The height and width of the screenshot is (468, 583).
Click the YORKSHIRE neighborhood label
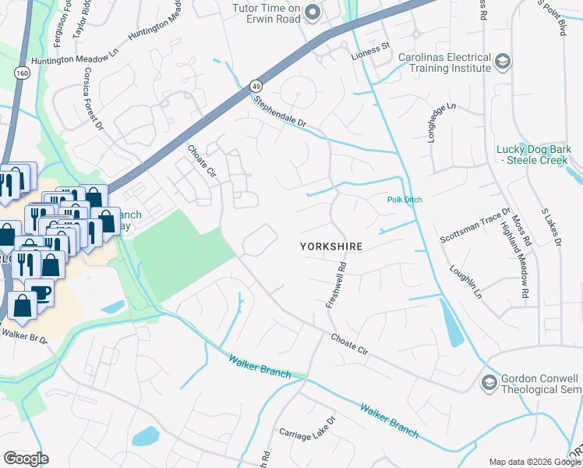tap(332, 246)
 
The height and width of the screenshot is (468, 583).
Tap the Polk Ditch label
tap(405, 200)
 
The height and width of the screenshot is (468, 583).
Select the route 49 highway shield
tap(256, 85)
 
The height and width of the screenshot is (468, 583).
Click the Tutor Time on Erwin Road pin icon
tap(313, 11)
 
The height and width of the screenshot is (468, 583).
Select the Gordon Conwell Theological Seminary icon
tap(489, 382)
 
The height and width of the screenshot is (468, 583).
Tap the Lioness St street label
tap(369, 47)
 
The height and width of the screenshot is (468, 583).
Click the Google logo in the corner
tap(26, 459)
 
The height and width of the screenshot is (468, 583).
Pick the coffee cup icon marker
tap(41, 292)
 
